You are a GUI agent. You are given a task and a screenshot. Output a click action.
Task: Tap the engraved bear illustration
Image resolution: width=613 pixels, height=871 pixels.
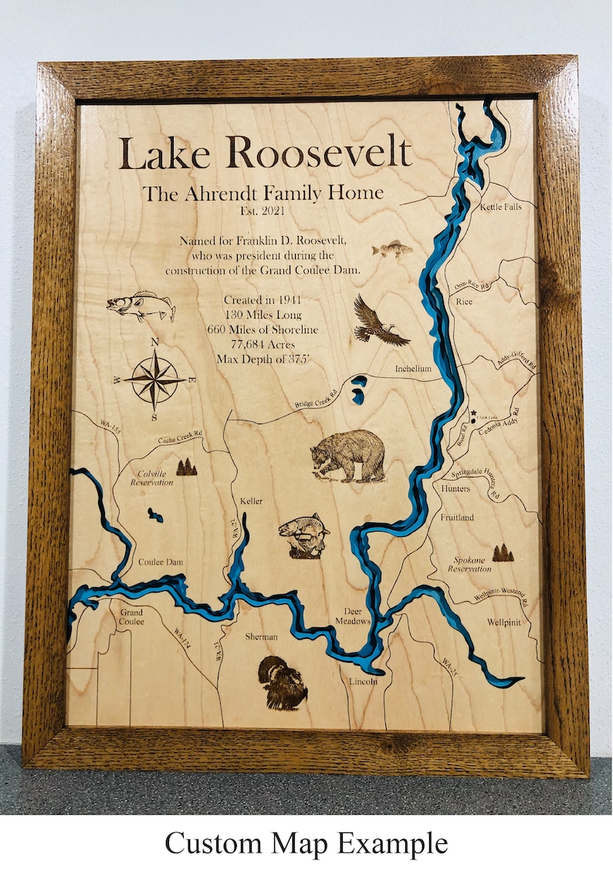tap(348, 456)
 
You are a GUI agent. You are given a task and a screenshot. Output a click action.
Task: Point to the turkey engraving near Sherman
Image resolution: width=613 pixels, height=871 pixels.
tap(282, 683)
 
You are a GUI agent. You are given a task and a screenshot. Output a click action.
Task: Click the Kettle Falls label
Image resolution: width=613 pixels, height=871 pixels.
tap(500, 208)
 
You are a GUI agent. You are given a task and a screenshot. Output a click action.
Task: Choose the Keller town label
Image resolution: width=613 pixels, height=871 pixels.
tap(251, 501)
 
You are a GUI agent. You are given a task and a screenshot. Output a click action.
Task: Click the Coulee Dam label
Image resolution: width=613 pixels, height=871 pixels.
tap(161, 562)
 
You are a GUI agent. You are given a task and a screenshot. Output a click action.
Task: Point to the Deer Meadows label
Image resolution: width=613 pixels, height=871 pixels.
tap(353, 615)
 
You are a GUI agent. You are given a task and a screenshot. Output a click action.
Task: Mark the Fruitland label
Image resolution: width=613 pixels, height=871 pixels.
tap(457, 518)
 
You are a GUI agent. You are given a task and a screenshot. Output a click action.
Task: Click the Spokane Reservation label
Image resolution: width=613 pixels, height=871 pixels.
tap(469, 564)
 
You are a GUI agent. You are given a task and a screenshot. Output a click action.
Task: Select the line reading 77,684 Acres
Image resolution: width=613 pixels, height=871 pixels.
tap(262, 344)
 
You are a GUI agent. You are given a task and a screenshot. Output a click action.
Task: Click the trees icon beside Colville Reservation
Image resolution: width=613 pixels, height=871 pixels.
tap(186, 467)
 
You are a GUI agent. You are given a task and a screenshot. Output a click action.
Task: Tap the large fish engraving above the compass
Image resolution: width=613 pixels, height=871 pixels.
tap(141, 307)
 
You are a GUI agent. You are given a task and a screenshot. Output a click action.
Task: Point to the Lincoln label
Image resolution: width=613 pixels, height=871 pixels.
tap(362, 682)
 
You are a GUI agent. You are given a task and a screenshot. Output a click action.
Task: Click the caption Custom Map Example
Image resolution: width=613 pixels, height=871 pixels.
tap(306, 842)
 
